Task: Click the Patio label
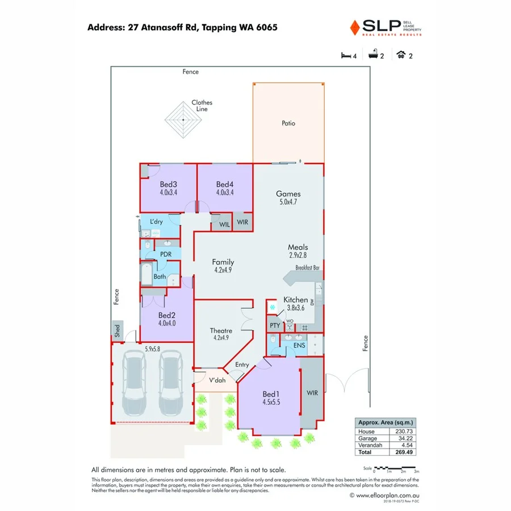click(288, 123)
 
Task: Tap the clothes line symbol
click(183, 120)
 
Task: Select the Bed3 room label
click(169, 185)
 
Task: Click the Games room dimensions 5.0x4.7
click(288, 202)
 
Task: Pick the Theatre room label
click(221, 331)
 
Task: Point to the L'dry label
click(156, 221)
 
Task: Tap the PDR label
click(166, 254)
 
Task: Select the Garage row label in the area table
click(367, 439)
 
